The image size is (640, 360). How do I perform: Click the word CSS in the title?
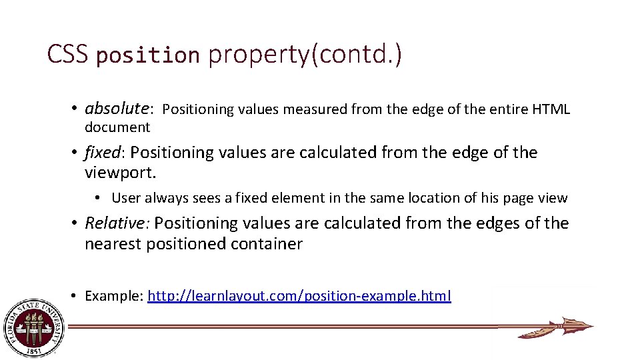click(67, 55)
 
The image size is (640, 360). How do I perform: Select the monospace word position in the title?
click(148, 55)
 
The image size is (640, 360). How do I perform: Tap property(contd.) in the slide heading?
click(305, 55)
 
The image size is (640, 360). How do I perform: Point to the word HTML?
click(551, 109)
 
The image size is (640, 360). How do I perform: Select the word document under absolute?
click(117, 127)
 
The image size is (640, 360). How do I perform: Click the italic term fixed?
click(102, 153)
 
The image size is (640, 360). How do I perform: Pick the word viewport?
click(120, 173)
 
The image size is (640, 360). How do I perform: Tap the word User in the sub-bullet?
click(126, 198)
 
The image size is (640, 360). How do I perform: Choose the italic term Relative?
click(117, 223)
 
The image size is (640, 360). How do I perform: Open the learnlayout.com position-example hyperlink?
click(299, 296)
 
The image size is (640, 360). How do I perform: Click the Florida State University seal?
click(34, 327)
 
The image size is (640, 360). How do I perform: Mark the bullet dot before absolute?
click(77, 109)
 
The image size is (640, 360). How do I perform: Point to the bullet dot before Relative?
click(77, 223)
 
